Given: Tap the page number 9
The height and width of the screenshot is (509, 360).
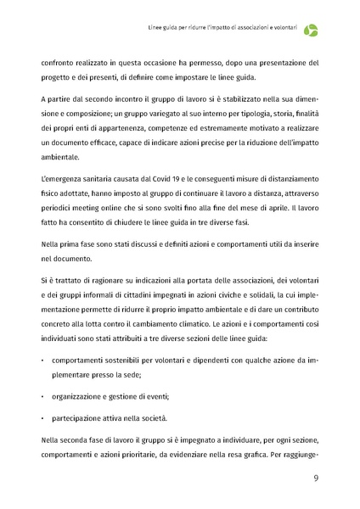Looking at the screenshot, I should click(x=316, y=478).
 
